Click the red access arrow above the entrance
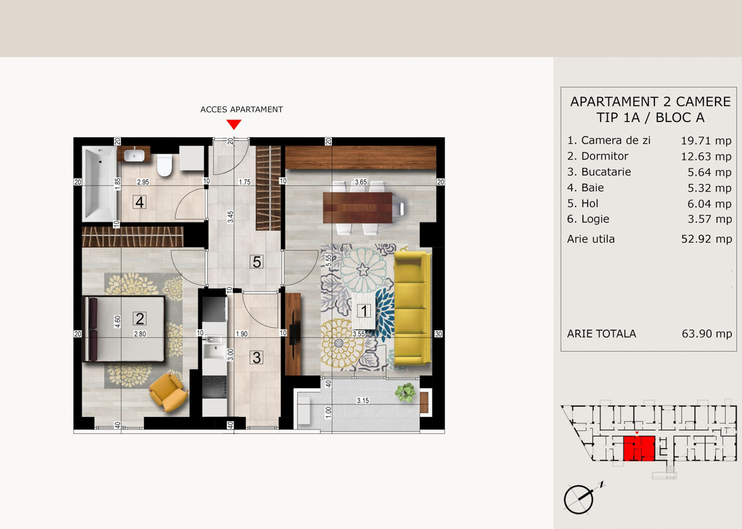[234, 125]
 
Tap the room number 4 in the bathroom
[140, 202]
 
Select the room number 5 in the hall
[257, 261]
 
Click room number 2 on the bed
[140, 319]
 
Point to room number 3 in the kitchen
[257, 358]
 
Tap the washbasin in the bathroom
[134, 155]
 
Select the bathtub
[99, 184]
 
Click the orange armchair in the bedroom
[168, 393]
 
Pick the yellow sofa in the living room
[413, 308]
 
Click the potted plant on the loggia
[405, 393]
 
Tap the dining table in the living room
[358, 208]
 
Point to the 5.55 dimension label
[328, 261]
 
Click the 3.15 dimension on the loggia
[363, 401]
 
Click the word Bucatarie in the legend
[606, 172]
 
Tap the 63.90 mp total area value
[707, 333]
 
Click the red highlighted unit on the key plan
[639, 448]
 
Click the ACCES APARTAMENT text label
[242, 109]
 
